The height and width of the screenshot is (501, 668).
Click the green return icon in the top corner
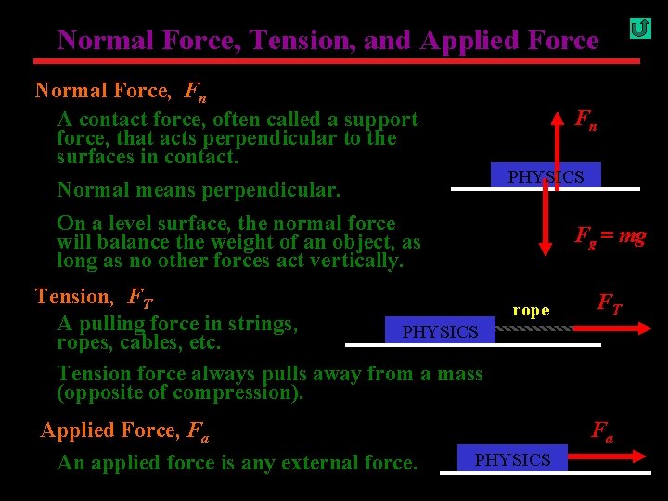639,29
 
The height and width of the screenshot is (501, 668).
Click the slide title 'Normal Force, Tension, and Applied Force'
328,40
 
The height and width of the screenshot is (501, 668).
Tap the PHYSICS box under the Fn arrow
546,176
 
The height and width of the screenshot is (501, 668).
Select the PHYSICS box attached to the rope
440,331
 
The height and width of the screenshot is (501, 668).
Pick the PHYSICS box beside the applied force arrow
512,459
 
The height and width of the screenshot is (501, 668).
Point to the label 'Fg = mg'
610,236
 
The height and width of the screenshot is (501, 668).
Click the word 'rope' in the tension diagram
531,310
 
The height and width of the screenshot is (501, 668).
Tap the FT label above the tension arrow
610,302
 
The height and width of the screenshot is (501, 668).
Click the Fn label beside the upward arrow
585,119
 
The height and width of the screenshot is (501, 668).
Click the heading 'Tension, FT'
94,297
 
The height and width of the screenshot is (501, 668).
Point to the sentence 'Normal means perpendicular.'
199,190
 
